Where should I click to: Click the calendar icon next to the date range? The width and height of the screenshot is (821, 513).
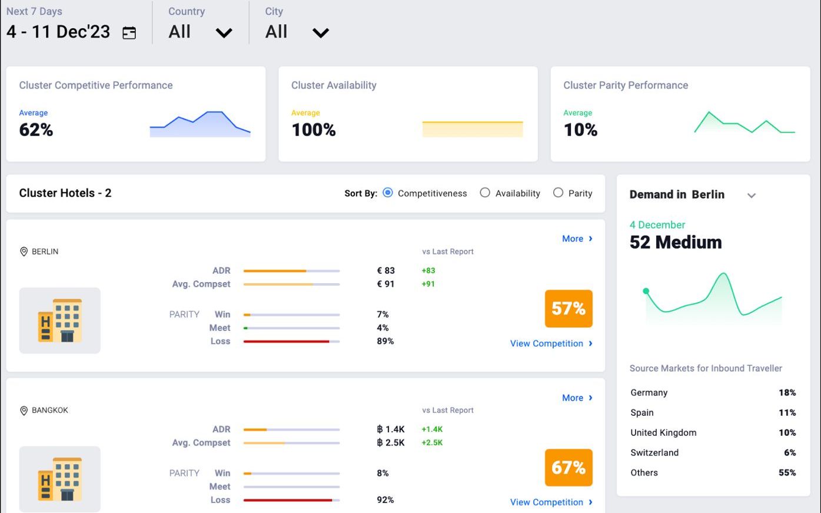(129, 32)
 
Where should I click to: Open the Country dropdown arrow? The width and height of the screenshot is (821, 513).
(224, 33)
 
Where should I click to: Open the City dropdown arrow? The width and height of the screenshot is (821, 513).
(320, 33)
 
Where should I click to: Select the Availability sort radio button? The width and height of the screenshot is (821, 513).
(485, 193)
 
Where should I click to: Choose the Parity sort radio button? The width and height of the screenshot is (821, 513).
(558, 193)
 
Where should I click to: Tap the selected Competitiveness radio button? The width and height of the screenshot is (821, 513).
(387, 193)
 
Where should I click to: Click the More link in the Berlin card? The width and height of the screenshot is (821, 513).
(577, 239)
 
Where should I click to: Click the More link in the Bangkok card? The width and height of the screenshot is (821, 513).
(577, 398)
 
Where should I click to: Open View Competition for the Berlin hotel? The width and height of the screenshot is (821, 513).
(551, 343)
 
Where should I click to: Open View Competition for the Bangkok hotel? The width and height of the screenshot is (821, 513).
(551, 502)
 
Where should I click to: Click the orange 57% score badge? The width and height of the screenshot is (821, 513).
(569, 309)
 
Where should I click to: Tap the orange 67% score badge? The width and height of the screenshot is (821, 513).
(569, 468)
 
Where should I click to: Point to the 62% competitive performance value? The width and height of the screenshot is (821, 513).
(36, 130)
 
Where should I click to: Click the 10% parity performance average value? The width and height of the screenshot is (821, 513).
(580, 130)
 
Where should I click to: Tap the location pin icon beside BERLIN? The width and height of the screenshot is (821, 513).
(24, 251)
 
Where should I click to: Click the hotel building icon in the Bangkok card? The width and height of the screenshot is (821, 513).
(60, 479)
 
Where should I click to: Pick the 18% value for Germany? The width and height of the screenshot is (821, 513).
(787, 393)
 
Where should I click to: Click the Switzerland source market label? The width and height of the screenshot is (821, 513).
(654, 453)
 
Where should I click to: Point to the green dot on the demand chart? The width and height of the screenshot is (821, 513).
(646, 291)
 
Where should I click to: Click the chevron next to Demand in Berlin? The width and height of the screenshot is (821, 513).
(752, 196)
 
